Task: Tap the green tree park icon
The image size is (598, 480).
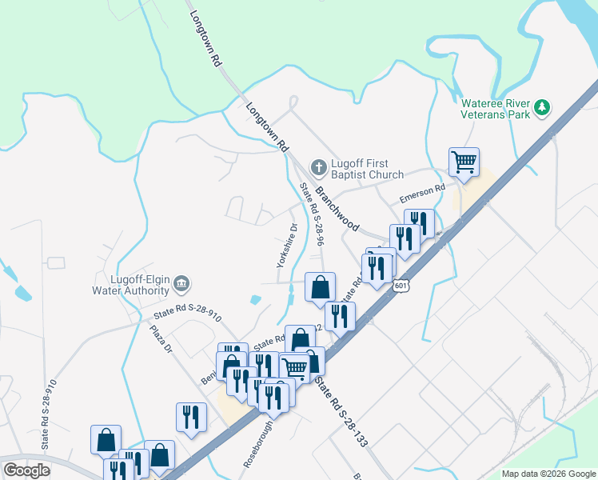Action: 543,107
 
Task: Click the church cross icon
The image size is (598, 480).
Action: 317,168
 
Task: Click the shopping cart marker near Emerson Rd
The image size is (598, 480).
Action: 464,162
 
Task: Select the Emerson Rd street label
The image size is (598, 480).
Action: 422,194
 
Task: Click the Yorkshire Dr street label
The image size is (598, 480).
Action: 286,246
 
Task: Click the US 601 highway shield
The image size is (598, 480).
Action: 401,286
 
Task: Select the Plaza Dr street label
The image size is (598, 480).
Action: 162,338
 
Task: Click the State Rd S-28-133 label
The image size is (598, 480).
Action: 339,411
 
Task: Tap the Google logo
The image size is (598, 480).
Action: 26,471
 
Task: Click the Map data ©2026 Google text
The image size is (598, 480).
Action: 548,474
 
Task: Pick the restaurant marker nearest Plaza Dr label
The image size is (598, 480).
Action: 191,417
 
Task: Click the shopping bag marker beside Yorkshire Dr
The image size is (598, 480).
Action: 320,287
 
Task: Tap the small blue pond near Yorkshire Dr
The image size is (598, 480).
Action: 255,299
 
